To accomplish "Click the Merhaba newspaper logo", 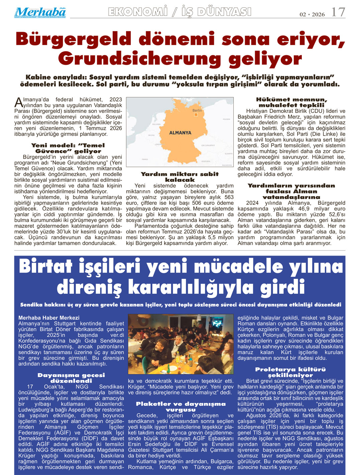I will pos(40,12).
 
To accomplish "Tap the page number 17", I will pos(338,12).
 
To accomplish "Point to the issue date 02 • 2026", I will pos(312,14).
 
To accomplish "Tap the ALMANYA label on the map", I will pos(180,133).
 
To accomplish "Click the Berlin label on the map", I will pos(197,110).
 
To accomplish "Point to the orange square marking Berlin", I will pos(197,115).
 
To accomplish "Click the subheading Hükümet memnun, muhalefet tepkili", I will pos(291,102).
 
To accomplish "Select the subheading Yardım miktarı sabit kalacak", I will pos(179,177).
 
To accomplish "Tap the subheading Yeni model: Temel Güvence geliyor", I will pos(68,148).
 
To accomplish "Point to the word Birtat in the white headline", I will pos(46,267).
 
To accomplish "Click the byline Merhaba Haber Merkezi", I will pos(49,318).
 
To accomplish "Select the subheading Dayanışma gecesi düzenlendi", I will pos(71,378).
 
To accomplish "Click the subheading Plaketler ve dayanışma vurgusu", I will pos(181,407).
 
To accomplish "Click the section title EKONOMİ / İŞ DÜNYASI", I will pos(179,12).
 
